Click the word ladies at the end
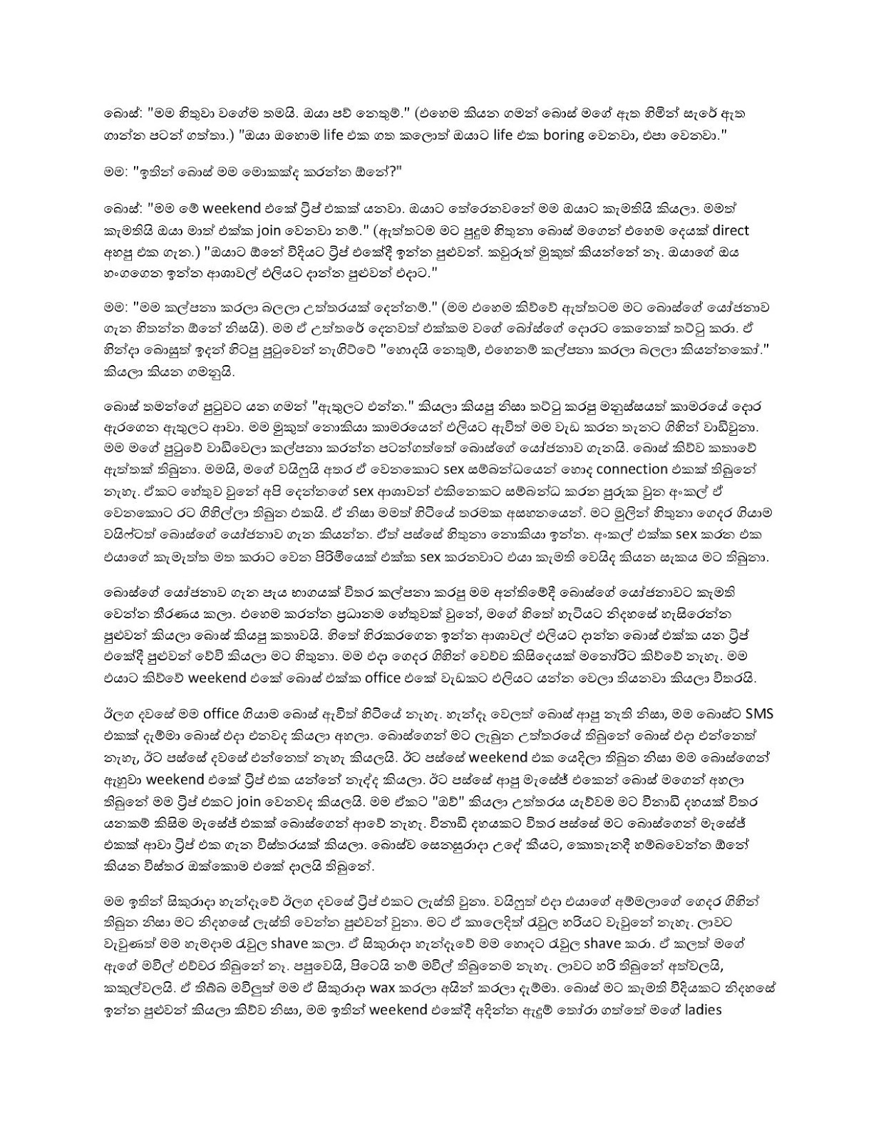pyautogui.click(x=703, y=1010)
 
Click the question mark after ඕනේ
pyautogui.click(x=337, y=170)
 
